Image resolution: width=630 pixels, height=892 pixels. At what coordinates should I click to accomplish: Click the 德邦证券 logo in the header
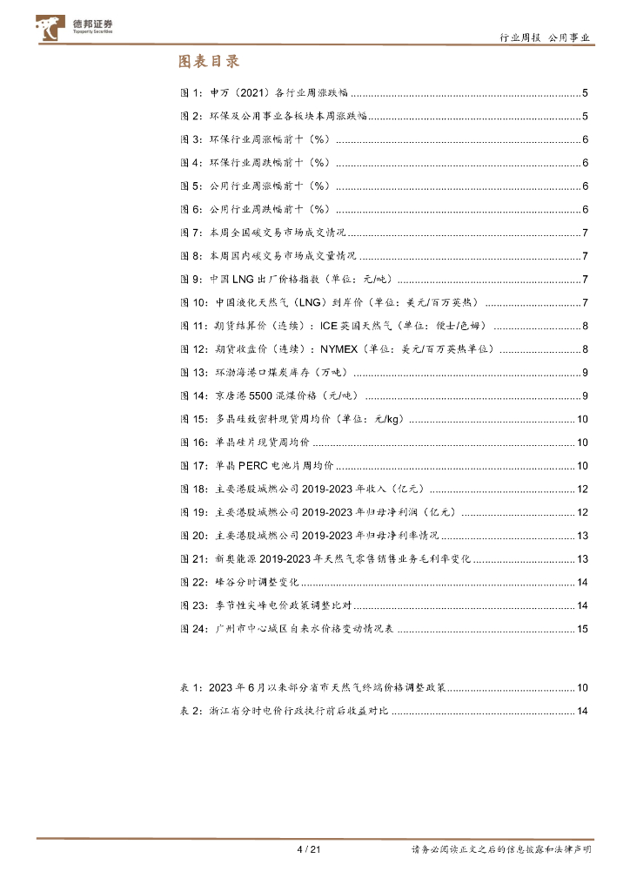(77, 27)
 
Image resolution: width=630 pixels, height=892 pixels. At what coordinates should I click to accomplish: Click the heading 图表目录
(209, 61)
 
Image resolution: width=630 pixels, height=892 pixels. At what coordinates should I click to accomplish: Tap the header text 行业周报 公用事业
(546, 37)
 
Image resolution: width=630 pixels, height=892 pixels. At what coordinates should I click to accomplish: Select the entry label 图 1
(191, 92)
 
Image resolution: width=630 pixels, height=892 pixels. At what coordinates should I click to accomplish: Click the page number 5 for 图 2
(586, 116)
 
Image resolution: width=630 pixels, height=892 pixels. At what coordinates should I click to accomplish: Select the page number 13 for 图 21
(583, 558)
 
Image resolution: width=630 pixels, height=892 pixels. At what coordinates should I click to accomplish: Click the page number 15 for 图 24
(583, 628)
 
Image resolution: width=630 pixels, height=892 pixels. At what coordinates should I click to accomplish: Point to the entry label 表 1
(191, 687)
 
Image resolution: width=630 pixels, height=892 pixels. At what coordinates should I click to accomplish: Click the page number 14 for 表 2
(583, 711)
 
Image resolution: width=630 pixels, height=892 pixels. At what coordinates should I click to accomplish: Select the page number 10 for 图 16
(583, 442)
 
